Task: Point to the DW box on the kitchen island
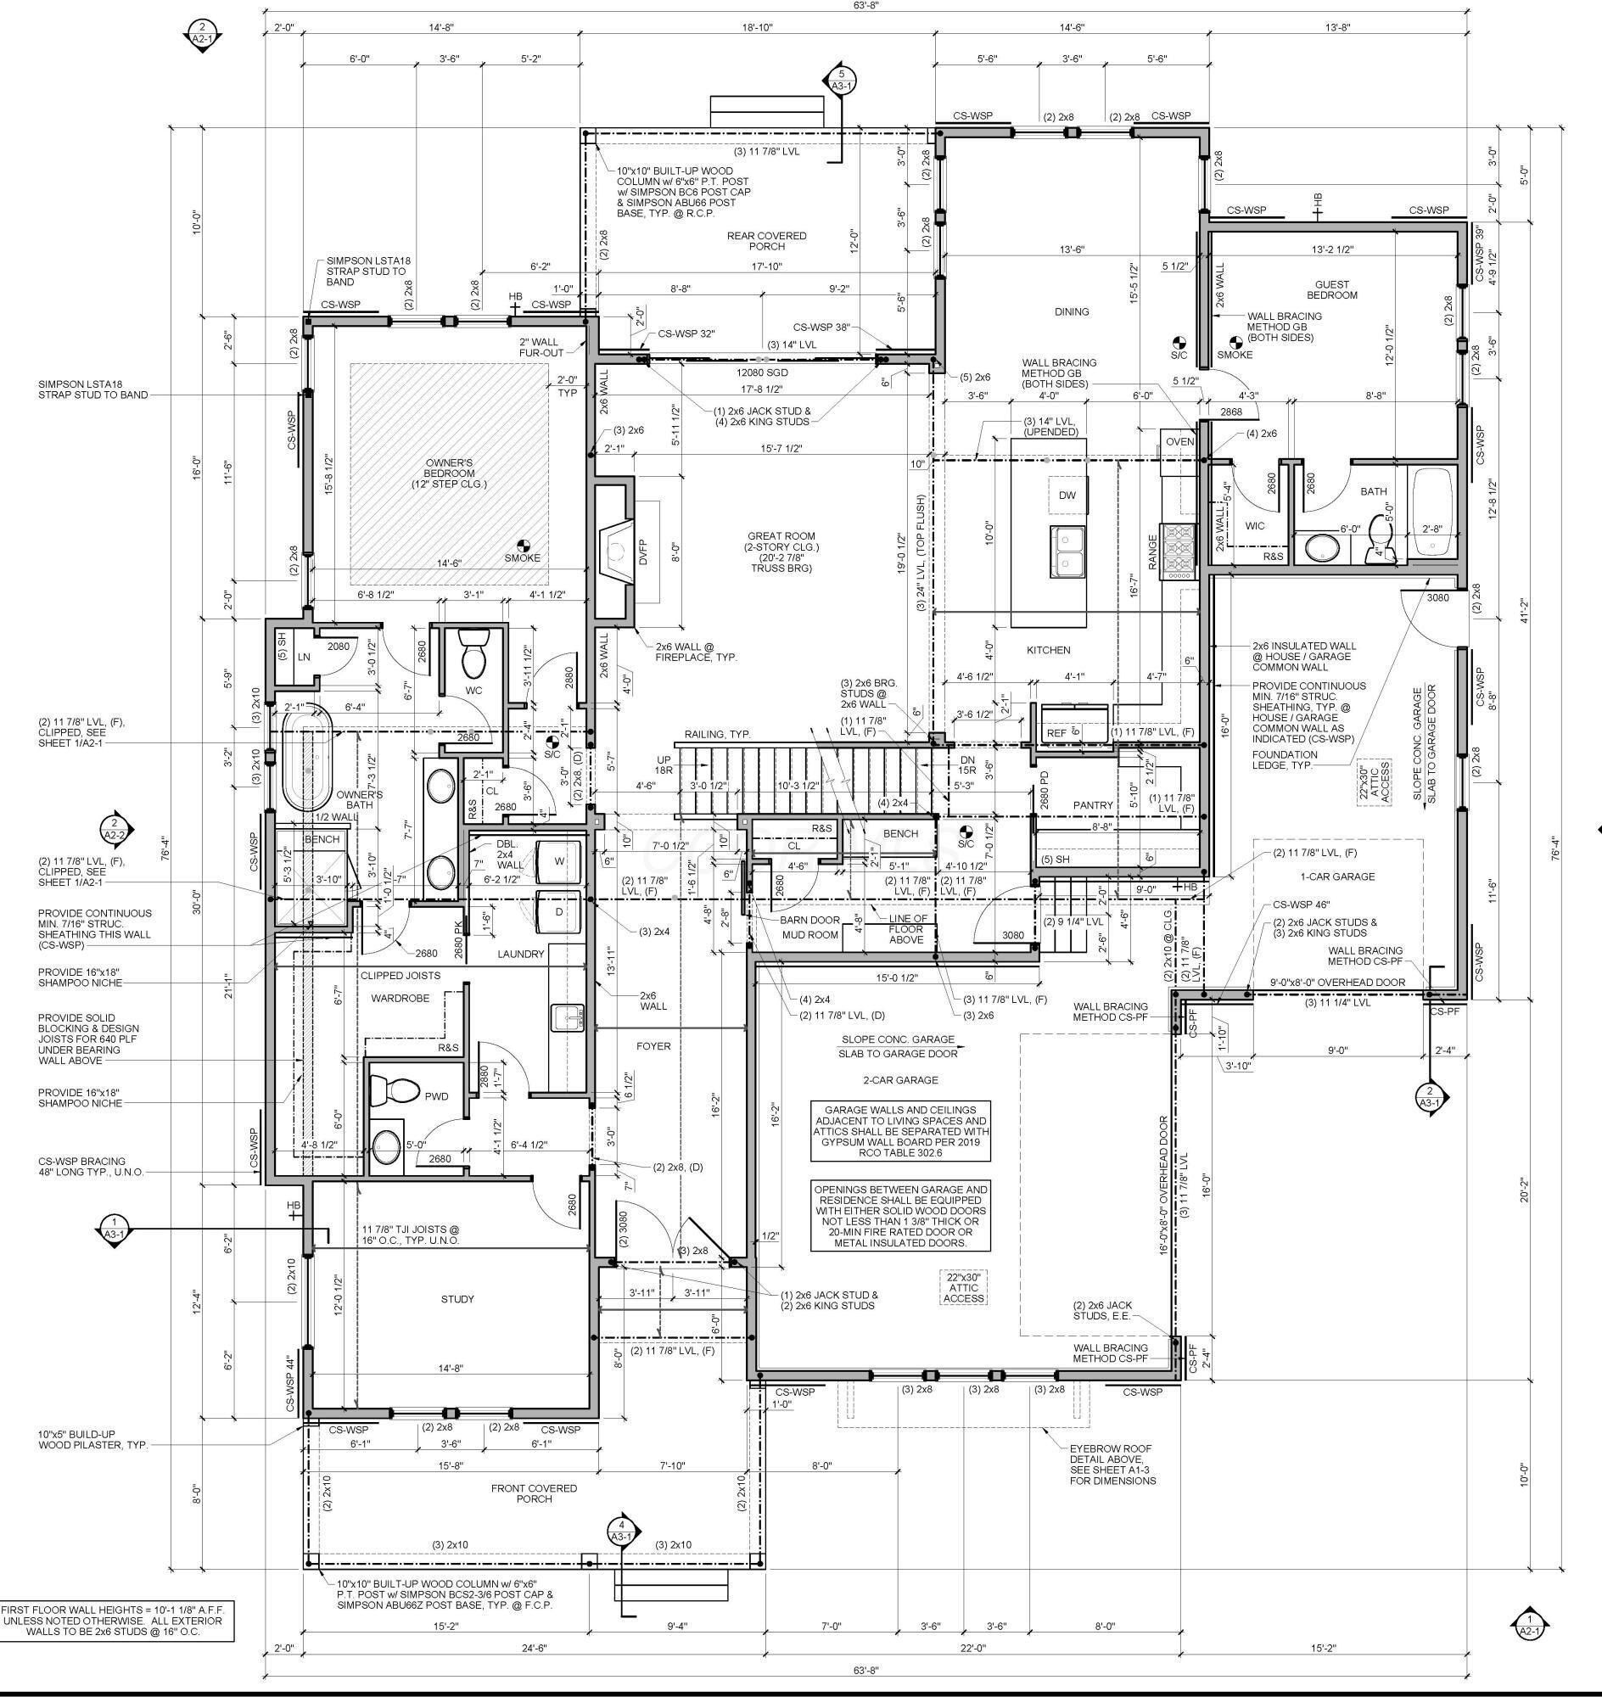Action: click(x=1067, y=496)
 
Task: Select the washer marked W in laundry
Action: click(x=558, y=861)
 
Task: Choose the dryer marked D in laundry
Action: click(x=558, y=912)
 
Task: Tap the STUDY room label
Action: click(x=457, y=1299)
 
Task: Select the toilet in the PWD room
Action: click(x=394, y=1090)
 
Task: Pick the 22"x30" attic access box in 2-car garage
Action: click(x=963, y=1287)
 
